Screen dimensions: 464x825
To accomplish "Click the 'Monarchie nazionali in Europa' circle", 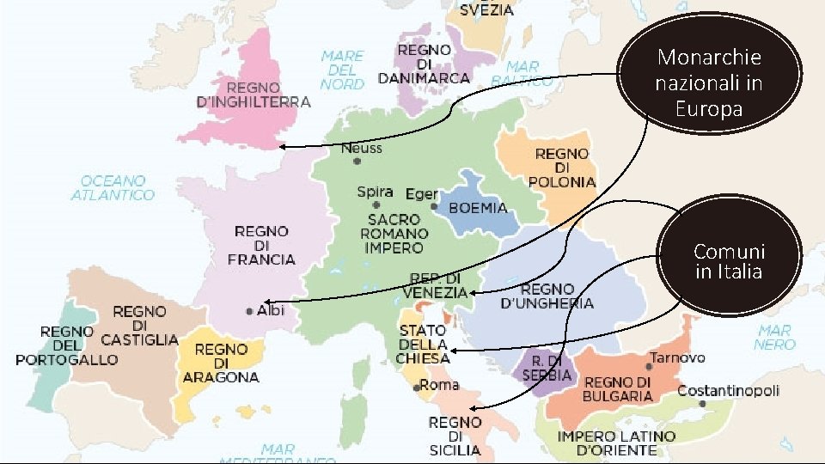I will point(709,83).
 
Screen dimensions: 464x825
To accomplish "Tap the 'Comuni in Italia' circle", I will point(729,261).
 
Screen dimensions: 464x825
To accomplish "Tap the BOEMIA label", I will point(478,208).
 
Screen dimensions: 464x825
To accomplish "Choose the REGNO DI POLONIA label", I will point(562,168).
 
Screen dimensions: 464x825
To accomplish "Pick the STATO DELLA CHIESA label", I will point(422,344).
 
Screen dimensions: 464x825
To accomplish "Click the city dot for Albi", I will point(249,311).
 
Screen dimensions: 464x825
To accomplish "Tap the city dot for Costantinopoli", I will point(703,403).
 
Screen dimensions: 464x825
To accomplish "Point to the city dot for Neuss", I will point(345,159).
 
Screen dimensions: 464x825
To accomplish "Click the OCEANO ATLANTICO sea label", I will point(113,188).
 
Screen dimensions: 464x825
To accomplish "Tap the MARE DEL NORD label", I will point(342,70).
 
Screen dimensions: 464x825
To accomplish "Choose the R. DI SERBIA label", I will point(547,368).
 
